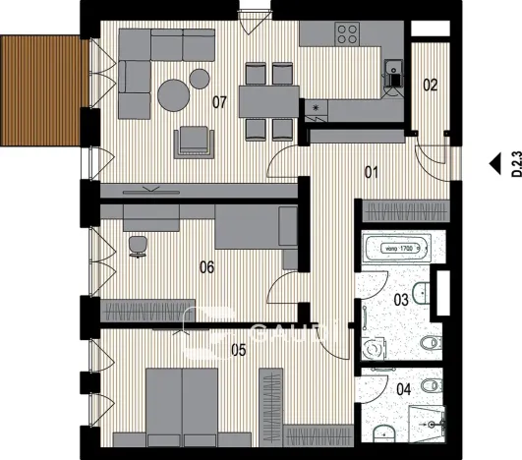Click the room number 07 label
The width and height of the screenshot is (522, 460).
pyautogui.click(x=220, y=101)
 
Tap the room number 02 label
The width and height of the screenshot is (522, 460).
pyautogui.click(x=430, y=86)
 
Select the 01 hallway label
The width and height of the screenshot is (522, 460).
pyautogui.click(x=372, y=173)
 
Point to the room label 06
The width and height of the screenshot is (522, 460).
pyautogui.click(x=207, y=265)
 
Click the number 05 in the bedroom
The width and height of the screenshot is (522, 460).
pyautogui.click(x=210, y=346)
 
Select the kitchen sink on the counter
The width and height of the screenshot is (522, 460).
pyautogui.click(x=393, y=70)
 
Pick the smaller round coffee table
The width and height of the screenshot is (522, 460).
pyautogui.click(x=200, y=77)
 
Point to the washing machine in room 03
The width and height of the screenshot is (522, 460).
pyautogui.click(x=372, y=347)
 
